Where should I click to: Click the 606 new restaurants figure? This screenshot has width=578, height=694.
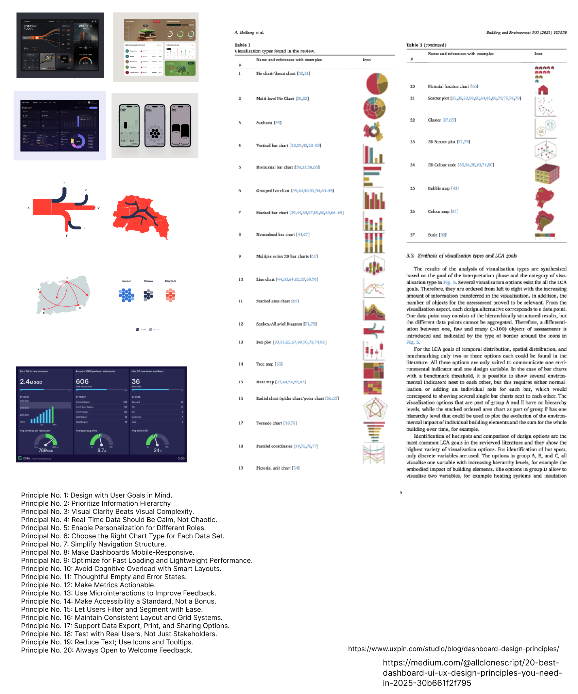[82, 382]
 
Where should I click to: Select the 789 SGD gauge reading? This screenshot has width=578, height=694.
[46, 450]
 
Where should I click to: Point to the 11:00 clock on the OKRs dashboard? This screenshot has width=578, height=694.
[181, 458]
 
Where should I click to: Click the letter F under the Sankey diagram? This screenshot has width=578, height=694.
[67, 236]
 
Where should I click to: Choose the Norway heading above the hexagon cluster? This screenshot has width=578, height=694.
[148, 281]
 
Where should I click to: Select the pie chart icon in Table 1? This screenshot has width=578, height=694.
[377, 84]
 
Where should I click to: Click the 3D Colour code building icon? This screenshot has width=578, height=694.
[547, 174]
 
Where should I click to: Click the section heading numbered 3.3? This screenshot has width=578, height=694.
[461, 256]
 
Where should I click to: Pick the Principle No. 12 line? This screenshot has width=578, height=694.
[88, 585]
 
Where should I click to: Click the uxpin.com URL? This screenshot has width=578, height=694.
[453, 649]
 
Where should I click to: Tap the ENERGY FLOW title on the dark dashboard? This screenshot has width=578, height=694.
[30, 27]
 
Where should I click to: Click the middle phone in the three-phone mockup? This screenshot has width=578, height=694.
[155, 126]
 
